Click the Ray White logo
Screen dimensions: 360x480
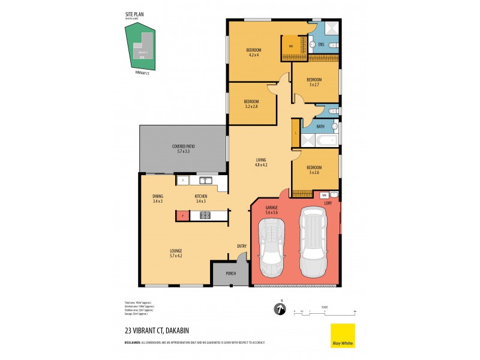point(343,335)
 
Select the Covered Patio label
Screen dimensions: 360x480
point(183,149)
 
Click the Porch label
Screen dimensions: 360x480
point(230,274)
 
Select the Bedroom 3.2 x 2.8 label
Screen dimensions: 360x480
point(251,104)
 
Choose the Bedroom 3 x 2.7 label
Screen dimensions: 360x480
point(314,82)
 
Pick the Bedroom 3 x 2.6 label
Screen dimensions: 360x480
point(314,170)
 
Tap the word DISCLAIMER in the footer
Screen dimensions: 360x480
point(133,342)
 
